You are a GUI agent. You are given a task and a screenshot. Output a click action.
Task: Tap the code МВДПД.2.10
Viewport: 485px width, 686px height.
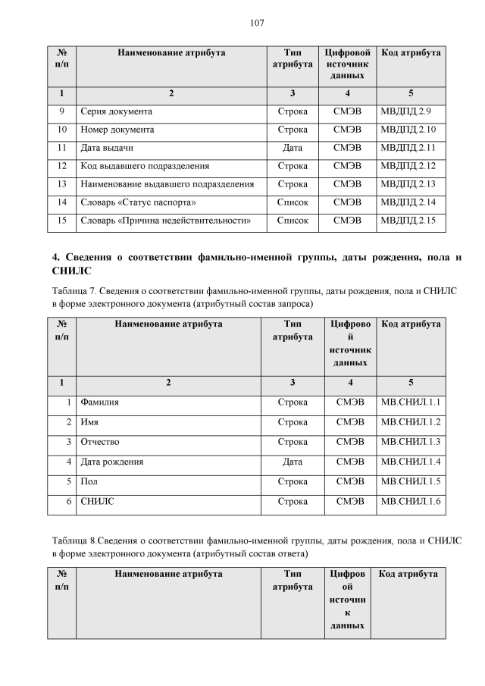[411, 130]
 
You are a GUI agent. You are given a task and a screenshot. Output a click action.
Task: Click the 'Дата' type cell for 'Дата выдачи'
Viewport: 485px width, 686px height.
[293, 148]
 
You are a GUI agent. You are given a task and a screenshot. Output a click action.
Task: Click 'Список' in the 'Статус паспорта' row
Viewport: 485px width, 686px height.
[293, 202]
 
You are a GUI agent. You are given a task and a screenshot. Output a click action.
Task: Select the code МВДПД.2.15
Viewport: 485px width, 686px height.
[411, 221]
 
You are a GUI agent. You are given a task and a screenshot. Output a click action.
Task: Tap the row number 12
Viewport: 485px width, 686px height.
[63, 166]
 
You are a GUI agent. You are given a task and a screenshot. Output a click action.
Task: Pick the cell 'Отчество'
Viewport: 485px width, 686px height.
[100, 441]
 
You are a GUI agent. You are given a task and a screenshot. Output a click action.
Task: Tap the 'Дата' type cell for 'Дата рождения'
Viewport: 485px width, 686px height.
[293, 461]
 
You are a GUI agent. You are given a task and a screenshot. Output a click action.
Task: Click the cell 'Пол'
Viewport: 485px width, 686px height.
[89, 481]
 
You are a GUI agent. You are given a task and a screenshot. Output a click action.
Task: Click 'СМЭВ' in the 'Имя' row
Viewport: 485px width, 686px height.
[350, 421]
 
